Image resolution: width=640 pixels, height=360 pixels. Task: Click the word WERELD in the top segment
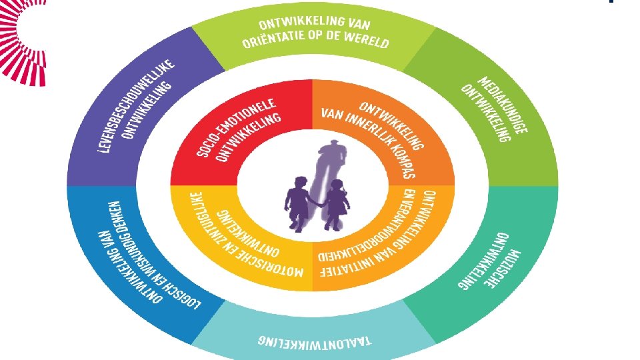[x=365, y=41]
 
